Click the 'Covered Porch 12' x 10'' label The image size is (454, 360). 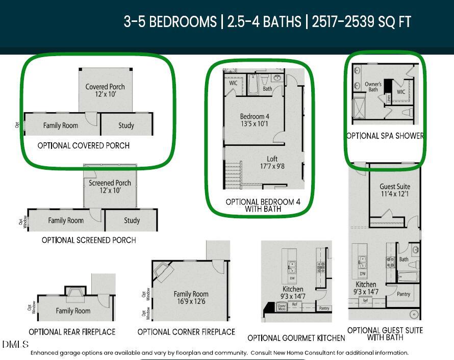point(105,90)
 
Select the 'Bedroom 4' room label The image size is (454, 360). point(255,116)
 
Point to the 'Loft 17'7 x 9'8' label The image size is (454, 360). point(272,162)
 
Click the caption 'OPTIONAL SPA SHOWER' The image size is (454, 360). point(385,136)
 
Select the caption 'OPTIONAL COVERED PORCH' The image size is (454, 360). point(84,146)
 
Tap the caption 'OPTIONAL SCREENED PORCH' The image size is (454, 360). point(89,240)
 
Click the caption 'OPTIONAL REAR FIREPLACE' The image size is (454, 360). point(72,332)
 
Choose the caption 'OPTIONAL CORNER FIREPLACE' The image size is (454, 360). point(186,332)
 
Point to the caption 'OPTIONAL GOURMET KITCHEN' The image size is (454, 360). point(296,338)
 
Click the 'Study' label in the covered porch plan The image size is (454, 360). point(126,125)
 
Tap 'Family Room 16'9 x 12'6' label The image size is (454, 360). point(191,298)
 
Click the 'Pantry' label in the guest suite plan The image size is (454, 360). point(403,294)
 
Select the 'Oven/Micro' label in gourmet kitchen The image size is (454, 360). point(281,306)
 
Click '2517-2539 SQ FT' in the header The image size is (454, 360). point(362,22)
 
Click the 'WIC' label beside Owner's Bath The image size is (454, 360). point(401,92)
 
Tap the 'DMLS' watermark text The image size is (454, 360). point(15,344)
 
